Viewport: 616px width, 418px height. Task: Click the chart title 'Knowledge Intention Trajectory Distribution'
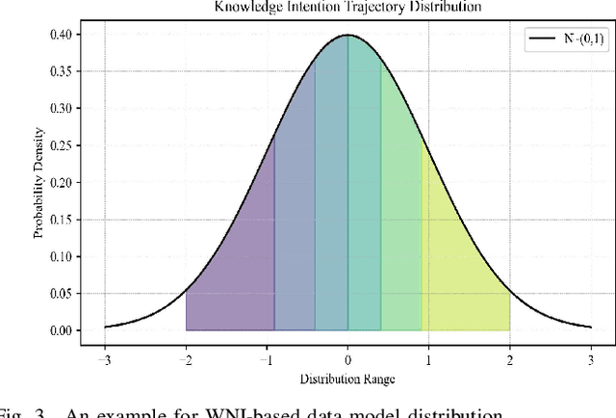348,6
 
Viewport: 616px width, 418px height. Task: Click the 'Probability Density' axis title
39,183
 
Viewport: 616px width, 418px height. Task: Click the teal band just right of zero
364,193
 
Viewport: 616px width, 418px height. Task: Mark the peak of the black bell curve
348,36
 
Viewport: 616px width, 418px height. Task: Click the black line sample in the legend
538,40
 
